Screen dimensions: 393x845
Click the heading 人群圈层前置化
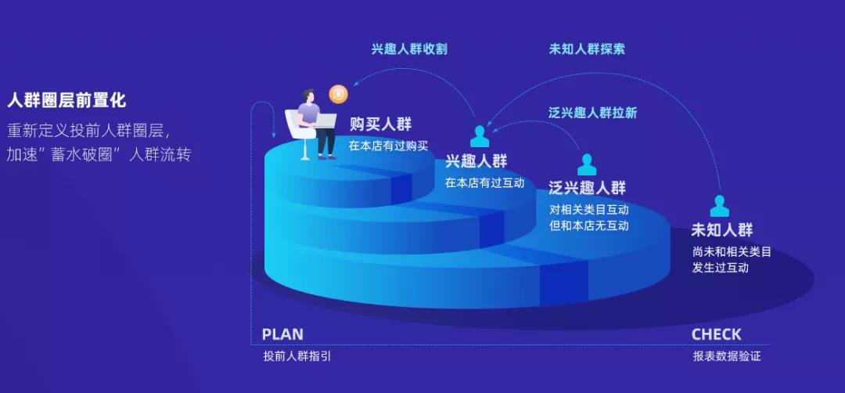click(x=67, y=100)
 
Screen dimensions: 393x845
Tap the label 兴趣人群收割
click(x=409, y=49)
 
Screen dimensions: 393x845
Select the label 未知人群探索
click(x=587, y=49)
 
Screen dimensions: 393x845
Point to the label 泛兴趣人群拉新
click(x=592, y=113)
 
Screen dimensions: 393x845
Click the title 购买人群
click(x=380, y=124)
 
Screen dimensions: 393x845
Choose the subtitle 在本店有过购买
click(x=388, y=146)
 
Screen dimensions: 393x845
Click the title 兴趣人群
click(x=476, y=161)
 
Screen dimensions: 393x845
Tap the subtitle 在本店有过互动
click(x=484, y=183)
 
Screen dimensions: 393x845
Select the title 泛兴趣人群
click(x=587, y=188)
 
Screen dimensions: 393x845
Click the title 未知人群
click(x=721, y=230)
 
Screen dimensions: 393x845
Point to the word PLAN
click(x=282, y=334)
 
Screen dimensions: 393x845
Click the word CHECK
click(x=716, y=334)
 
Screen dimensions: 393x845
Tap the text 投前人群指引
click(x=297, y=356)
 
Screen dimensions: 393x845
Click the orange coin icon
click(x=338, y=94)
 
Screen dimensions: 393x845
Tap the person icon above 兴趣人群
click(x=479, y=136)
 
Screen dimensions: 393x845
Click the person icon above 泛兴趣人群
click(x=587, y=164)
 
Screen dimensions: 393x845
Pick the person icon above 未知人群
click(x=720, y=206)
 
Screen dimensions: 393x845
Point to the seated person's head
click(x=308, y=96)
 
